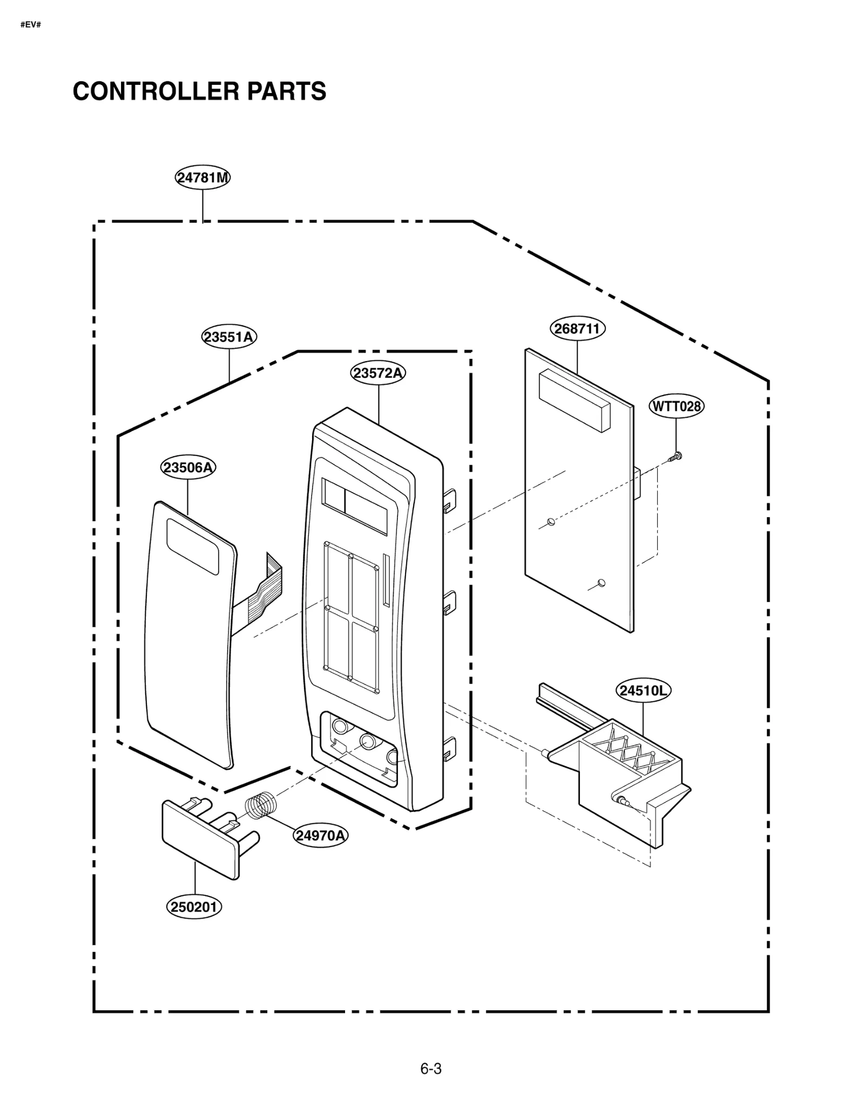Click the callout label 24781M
[x=202, y=178]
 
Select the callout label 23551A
[x=230, y=337]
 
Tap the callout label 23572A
[x=378, y=373]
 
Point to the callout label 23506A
[x=188, y=467]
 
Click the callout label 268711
[x=577, y=328]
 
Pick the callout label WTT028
[x=676, y=406]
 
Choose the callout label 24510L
[x=643, y=690]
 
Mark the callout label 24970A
[x=320, y=835]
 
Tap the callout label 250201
[x=194, y=907]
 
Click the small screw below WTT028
[x=676, y=457]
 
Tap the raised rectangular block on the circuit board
[x=574, y=400]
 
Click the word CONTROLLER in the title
[x=156, y=91]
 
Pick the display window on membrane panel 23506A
[x=192, y=546]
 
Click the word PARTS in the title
[x=287, y=91]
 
